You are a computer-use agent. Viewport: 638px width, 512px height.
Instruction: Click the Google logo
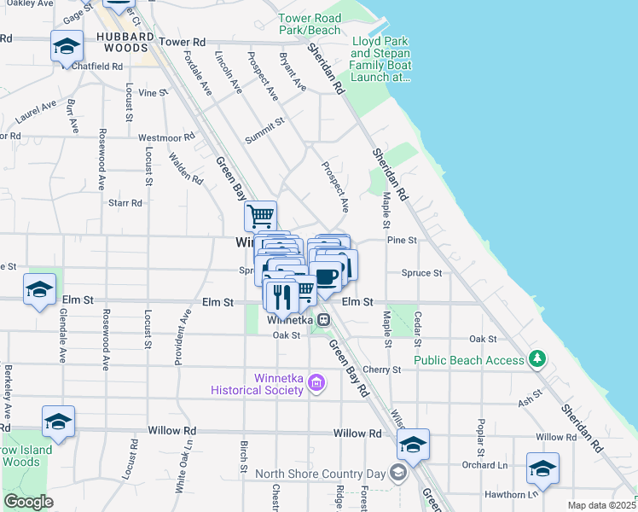pos(28,502)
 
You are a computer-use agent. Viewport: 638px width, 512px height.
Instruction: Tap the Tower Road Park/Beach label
pos(309,24)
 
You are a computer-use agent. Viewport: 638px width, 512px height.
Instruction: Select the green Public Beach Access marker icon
pos(537,359)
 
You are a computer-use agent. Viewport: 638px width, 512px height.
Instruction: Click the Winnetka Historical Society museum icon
pos(316,383)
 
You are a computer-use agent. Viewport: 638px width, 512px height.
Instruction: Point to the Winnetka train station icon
pos(324,320)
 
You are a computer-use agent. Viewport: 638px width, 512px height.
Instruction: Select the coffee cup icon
pos(326,276)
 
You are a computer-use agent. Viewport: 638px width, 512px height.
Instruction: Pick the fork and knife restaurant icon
pos(281,295)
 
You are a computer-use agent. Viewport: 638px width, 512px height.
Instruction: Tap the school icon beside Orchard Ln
pos(542,468)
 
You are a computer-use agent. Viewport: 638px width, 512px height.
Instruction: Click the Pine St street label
pos(401,241)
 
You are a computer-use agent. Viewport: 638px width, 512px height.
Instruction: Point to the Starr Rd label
pos(125,203)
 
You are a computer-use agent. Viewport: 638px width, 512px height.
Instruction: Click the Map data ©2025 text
pos(601,505)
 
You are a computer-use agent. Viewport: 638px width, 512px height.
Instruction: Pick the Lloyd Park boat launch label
pos(381,59)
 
